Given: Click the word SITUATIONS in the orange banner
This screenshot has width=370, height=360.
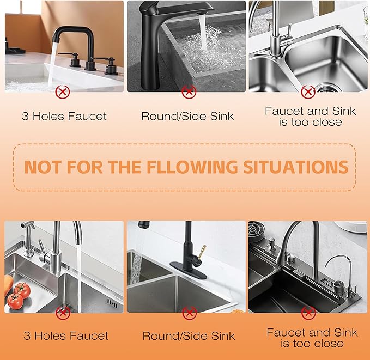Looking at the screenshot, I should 297,167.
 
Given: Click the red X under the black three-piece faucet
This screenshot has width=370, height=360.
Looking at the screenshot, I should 63,91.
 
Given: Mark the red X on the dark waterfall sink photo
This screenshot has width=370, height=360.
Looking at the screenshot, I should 309,313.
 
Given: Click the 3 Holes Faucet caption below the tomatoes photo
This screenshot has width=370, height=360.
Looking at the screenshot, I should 65,336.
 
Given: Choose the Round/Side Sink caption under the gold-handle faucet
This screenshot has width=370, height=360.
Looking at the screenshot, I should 189,336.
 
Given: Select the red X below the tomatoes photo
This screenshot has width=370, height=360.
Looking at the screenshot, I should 64,313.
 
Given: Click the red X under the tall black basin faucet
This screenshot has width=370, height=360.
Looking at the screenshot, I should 189,91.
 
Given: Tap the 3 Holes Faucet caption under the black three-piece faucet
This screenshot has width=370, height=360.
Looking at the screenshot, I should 64,116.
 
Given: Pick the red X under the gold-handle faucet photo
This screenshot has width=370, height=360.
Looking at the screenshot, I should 189,313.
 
